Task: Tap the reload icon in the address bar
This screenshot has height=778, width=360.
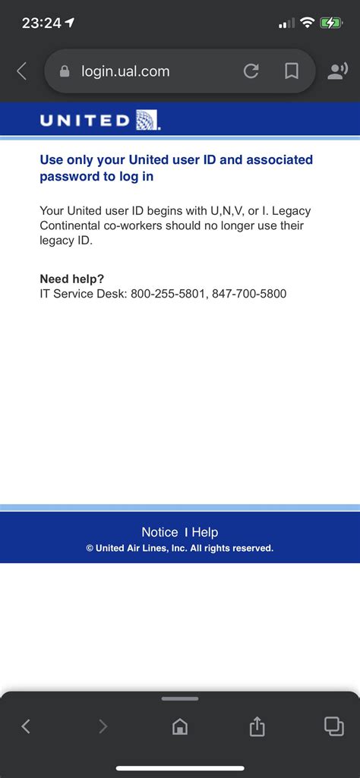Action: [251, 71]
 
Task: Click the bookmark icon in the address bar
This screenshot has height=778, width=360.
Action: [291, 71]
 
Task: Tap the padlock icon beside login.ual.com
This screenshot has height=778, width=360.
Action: [65, 71]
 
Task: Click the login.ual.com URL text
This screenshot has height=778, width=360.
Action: [125, 71]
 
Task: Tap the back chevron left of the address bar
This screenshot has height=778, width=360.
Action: [21, 71]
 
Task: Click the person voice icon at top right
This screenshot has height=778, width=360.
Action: [336, 71]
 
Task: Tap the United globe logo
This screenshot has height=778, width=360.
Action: [147, 120]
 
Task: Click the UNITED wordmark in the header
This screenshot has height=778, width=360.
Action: [84, 120]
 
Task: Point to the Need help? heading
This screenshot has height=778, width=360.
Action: [72, 279]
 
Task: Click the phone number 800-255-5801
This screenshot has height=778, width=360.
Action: [168, 294]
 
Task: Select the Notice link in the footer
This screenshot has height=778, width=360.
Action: [159, 532]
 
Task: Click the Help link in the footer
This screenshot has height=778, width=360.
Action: [205, 532]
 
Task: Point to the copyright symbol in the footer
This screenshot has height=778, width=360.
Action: [90, 548]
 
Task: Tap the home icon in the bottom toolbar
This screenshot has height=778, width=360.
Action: [180, 726]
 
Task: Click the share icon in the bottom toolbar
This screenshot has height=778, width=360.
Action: [257, 726]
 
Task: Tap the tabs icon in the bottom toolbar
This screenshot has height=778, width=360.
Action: [333, 726]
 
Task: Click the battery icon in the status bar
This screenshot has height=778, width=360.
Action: [331, 23]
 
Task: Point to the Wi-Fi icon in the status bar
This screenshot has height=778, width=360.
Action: [307, 23]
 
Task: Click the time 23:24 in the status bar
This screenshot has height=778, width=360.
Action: [42, 23]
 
